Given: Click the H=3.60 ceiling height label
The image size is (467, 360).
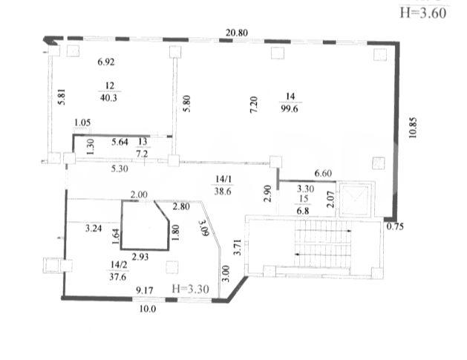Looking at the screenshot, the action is (423, 13).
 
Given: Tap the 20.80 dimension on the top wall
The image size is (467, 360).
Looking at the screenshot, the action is (237, 33).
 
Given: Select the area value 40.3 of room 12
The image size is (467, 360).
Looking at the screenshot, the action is (108, 98).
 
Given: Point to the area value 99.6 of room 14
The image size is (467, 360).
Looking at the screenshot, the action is (290, 108).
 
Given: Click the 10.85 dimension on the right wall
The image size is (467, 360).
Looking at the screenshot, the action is (413, 128).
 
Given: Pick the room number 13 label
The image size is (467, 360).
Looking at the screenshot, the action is (143, 142).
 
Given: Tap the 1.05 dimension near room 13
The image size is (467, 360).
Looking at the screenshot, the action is (82, 122).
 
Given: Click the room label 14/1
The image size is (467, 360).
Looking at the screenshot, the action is (223, 179).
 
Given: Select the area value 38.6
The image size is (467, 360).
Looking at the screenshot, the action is (223, 192).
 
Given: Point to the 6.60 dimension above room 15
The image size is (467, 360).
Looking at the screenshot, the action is (323, 173).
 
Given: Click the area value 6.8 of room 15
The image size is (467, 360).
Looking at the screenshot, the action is (303, 211).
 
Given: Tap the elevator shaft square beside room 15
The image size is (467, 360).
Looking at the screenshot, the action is (355, 199).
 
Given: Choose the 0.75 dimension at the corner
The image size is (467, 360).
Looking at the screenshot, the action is (395, 226).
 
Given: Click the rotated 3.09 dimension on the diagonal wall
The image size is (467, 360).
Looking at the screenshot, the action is (203, 228).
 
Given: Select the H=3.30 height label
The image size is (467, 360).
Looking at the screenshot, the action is (191, 289).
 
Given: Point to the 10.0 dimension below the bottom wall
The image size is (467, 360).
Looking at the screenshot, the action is (148, 309).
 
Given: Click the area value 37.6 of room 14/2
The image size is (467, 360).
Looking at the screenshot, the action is (118, 277).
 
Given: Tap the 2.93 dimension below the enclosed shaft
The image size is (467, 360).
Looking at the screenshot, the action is (140, 257).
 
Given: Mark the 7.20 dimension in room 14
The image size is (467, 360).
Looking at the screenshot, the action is (253, 104).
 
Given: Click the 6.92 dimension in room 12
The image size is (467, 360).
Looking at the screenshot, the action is (106, 62).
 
